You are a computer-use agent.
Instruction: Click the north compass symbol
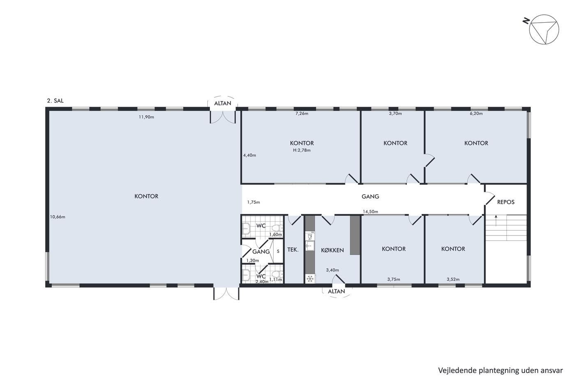click(x=544, y=29)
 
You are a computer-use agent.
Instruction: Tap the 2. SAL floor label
click(x=55, y=100)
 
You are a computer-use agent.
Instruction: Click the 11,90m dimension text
click(x=146, y=117)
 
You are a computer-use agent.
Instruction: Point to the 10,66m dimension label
click(x=57, y=217)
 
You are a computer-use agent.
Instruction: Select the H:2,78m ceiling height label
click(x=302, y=150)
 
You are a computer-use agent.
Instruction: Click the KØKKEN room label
click(x=332, y=250)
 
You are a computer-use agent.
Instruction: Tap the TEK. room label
click(x=293, y=249)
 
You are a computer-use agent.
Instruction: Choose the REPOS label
click(x=506, y=202)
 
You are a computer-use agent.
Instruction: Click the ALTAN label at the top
click(x=223, y=103)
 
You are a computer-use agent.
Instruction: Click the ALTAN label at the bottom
click(x=336, y=291)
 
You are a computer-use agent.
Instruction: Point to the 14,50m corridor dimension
click(x=370, y=212)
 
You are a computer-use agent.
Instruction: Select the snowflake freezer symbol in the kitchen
click(x=310, y=279)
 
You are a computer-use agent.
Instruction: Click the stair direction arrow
click(x=496, y=221)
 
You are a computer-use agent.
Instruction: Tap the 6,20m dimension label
click(x=476, y=114)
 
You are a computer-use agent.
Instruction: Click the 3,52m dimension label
click(x=453, y=279)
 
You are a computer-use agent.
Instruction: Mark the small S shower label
click(x=278, y=251)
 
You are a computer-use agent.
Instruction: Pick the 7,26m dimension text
click(x=302, y=114)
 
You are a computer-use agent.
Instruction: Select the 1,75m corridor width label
click(x=254, y=202)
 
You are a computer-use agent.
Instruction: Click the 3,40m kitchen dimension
click(x=332, y=270)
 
